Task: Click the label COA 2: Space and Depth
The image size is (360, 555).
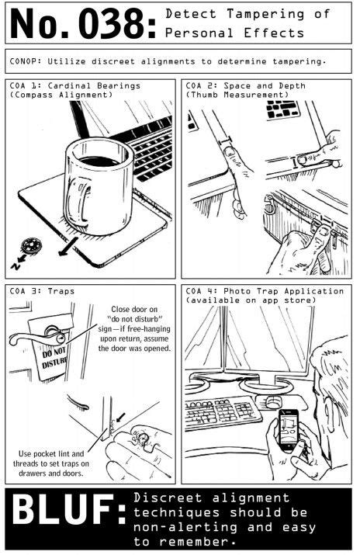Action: [x=238, y=85]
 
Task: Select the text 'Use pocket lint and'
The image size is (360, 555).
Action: [x=52, y=453]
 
